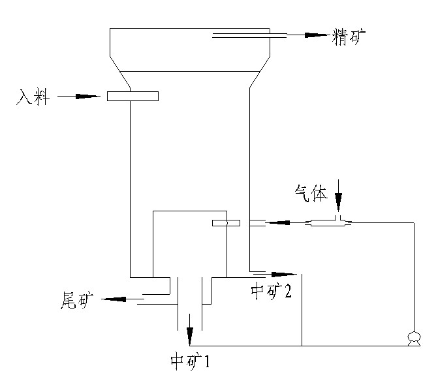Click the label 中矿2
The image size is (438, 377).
pyautogui.click(x=271, y=292)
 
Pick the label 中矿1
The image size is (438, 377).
pyautogui.click(x=190, y=361)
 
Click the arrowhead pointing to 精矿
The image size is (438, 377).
pyautogui.click(x=317, y=35)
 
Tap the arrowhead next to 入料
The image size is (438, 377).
pyautogui.click(x=87, y=97)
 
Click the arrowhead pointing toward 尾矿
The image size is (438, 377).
pyautogui.click(x=114, y=299)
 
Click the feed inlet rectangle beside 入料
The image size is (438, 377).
pyautogui.click(x=133, y=97)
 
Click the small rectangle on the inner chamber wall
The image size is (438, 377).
pyautogui.click(x=226, y=223)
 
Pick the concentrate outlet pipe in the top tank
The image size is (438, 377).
pyautogui.click(x=249, y=36)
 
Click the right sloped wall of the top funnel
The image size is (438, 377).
pyautogui.click(x=260, y=72)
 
